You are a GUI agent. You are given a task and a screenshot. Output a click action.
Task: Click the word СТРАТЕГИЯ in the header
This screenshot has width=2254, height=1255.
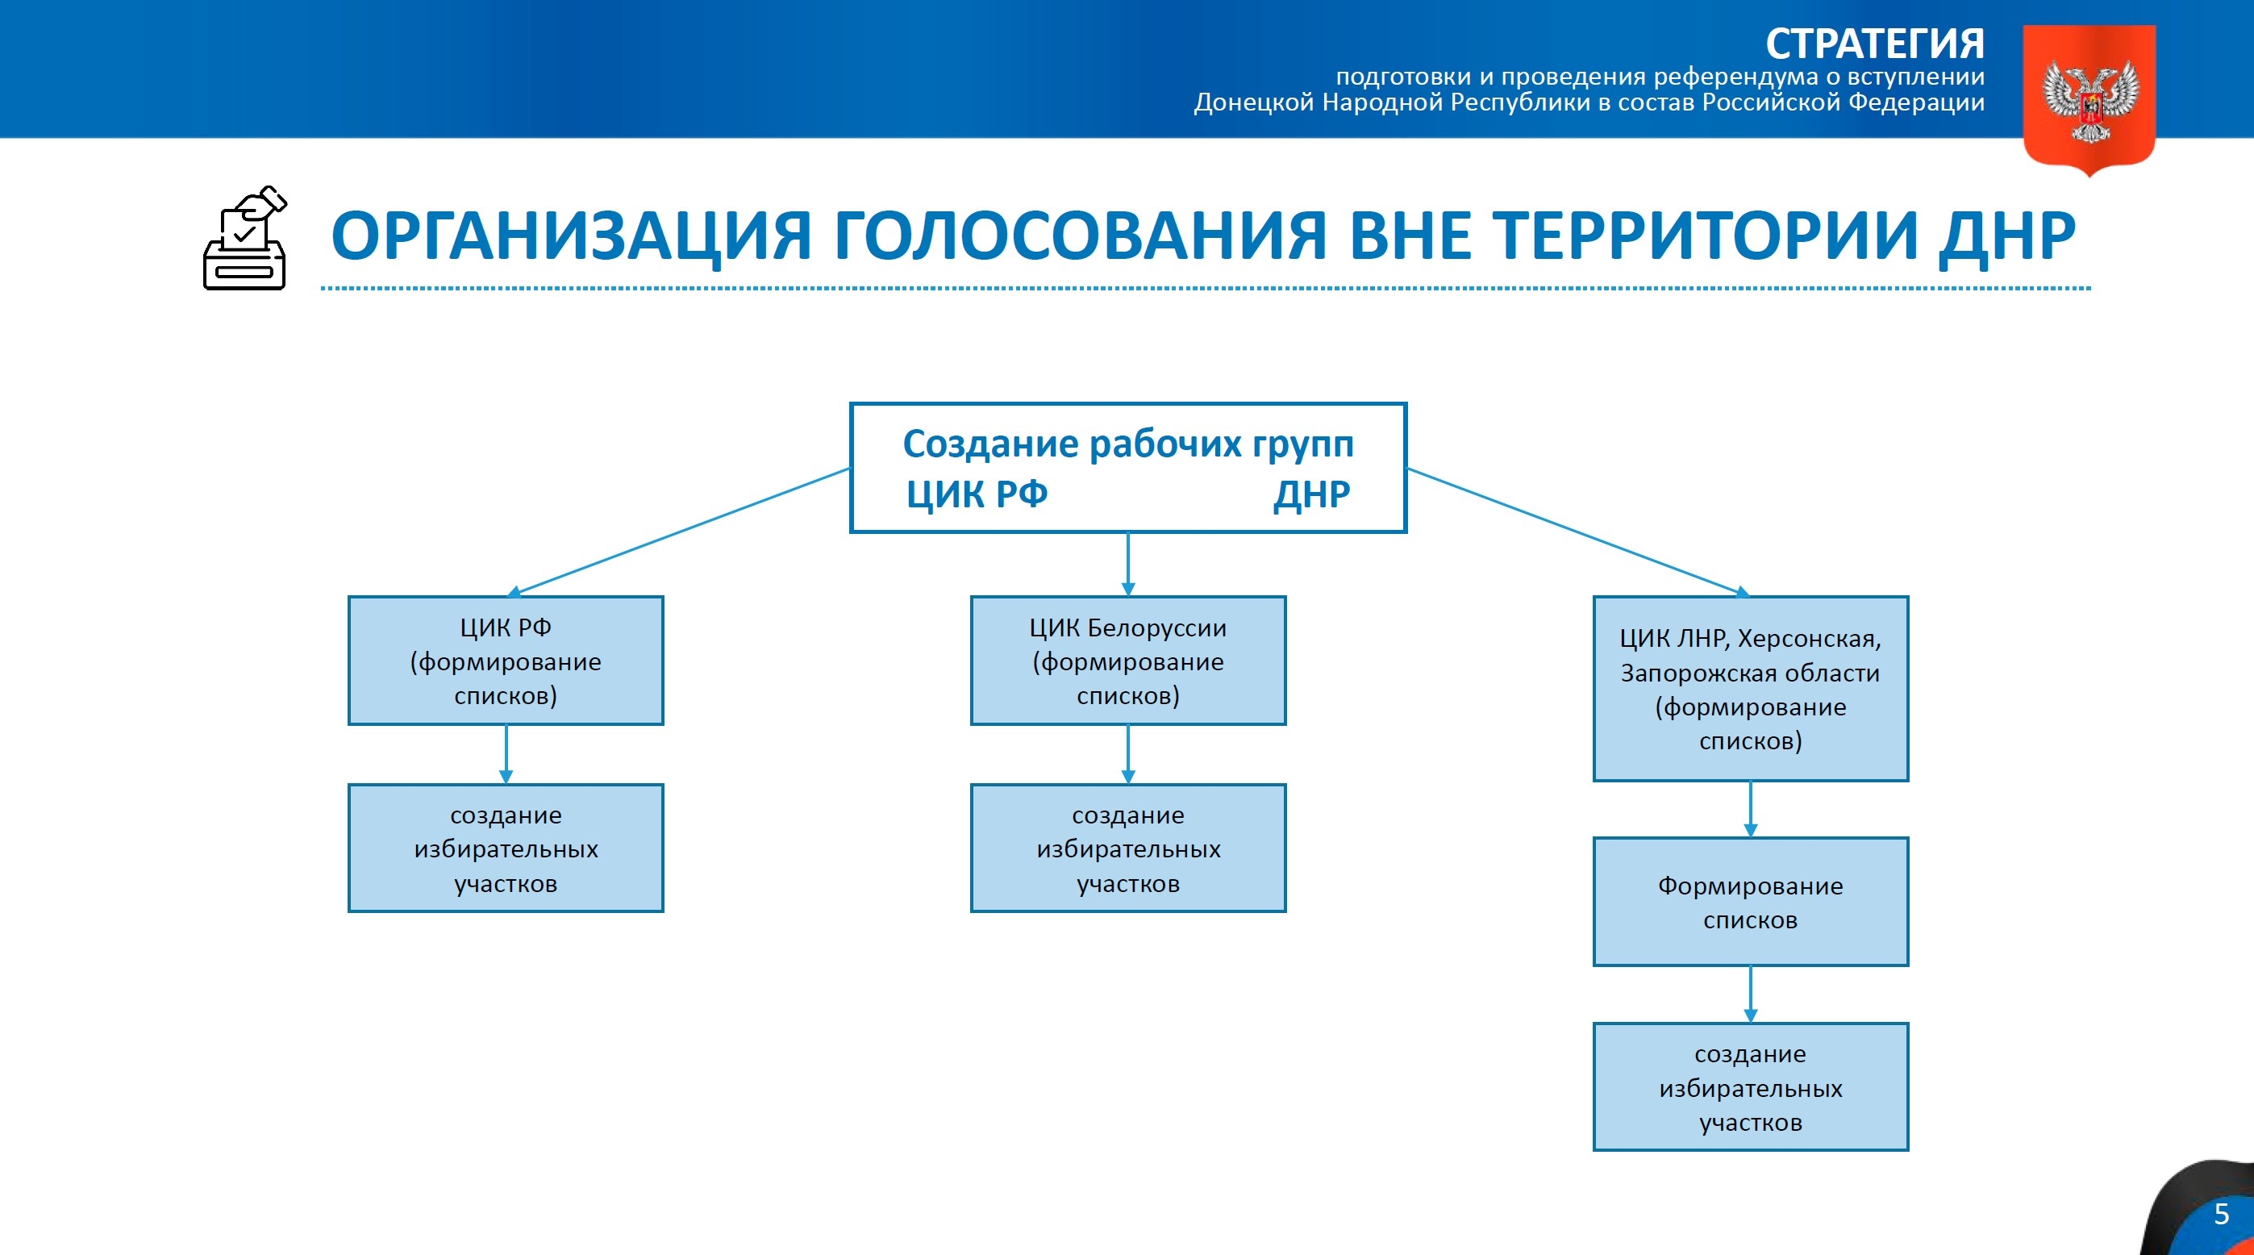1874,44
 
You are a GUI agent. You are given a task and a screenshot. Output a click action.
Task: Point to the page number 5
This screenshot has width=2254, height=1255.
2221,1215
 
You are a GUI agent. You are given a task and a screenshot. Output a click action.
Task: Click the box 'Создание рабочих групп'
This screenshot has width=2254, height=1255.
1128,467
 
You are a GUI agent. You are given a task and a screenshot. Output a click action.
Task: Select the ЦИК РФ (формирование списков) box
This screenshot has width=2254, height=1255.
506,661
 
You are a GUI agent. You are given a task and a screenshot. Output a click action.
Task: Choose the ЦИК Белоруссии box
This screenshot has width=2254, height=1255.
1128,661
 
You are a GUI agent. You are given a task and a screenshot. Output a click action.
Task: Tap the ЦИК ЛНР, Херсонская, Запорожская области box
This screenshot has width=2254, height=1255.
1750,689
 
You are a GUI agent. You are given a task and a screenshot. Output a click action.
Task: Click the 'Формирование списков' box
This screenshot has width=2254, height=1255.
1750,903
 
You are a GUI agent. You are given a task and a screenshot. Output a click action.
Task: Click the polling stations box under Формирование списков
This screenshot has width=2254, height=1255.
1750,1087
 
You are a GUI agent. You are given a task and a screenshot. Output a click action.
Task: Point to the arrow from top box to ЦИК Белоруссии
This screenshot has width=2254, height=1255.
1128,564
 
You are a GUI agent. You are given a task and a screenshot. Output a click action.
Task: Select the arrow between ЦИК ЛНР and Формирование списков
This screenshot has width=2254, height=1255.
1750,809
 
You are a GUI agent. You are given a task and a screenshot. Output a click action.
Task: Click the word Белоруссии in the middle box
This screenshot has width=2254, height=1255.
1156,628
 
